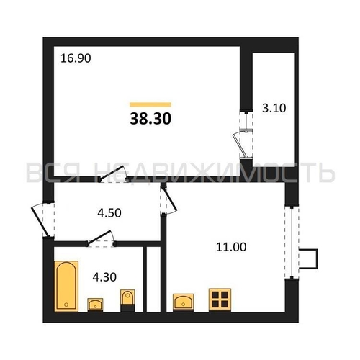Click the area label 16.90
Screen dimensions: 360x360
tap(76, 58)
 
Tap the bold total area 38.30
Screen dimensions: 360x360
tap(150, 119)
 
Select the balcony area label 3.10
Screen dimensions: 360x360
tap(274, 108)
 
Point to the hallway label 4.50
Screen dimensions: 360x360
tap(109, 213)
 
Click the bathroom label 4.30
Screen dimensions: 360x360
tap(104, 277)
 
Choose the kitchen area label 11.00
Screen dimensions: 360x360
tap(231, 247)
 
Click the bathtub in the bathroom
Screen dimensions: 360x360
tap(66, 286)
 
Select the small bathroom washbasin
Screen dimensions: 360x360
tap(95, 305)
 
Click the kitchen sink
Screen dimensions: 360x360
tap(183, 302)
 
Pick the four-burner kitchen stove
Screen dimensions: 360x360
tap(220, 300)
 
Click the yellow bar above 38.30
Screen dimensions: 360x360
tap(150, 104)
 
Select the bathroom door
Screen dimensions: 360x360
tap(101, 238)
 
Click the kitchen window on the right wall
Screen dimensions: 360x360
tap(292, 242)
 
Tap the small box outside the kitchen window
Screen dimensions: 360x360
tap(308, 258)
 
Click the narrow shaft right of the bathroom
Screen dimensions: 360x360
tap(153, 279)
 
